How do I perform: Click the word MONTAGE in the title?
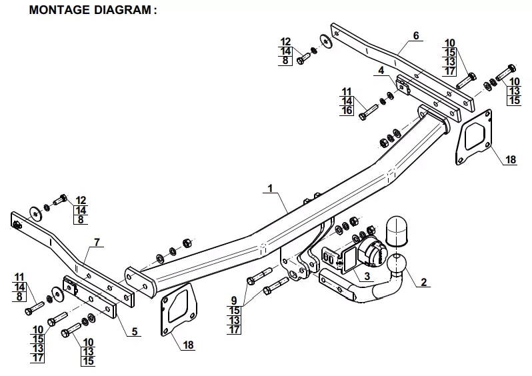pos(60,10)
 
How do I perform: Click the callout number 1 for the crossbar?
pos(270,189)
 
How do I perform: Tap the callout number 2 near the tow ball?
pos(424,282)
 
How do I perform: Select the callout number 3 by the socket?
pos(367,276)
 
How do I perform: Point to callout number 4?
pos(381,70)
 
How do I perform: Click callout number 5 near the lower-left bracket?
pos(135,331)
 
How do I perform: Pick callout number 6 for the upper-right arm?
pos(416,35)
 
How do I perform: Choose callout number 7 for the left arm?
pos(97,242)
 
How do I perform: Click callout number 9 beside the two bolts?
pos(234,300)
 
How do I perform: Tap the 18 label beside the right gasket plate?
pos(511,159)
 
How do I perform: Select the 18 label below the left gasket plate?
pos(188,345)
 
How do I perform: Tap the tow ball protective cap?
pos(396,231)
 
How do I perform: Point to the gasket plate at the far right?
pos(473,137)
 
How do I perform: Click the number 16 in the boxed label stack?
pos(347,111)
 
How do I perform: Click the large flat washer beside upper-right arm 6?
pos(326,41)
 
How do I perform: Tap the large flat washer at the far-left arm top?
pos(35,213)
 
